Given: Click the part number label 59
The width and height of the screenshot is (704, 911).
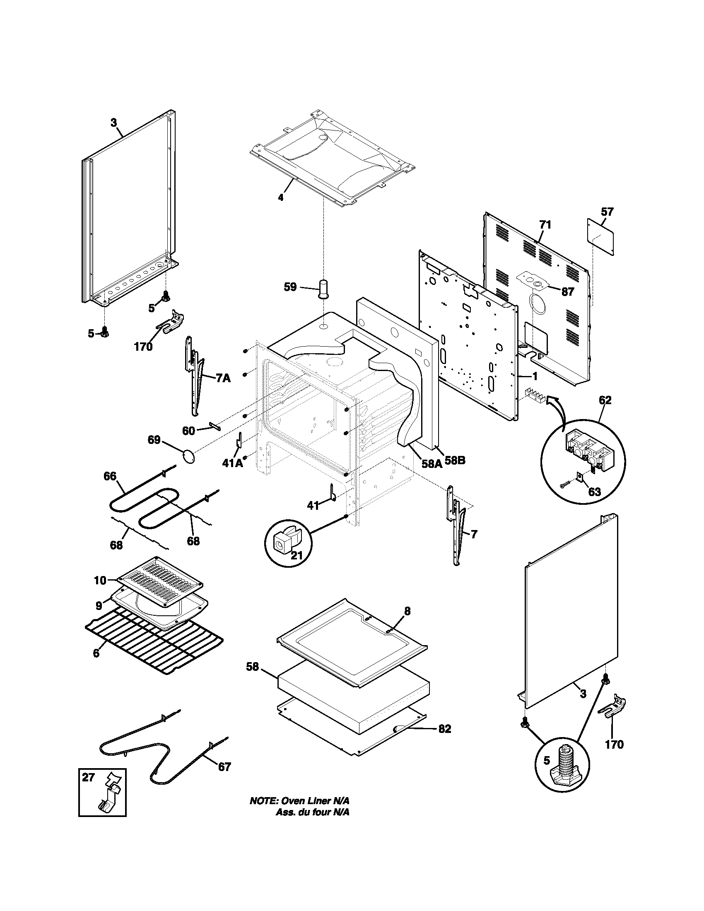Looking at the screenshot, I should tap(290, 287).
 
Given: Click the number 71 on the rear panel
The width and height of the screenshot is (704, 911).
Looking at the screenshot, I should tap(545, 225).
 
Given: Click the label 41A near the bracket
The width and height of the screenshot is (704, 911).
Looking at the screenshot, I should tap(232, 463).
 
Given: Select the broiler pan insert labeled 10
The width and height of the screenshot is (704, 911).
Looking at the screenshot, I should tap(161, 581).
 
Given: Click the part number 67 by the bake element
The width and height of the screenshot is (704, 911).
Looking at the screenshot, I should tap(224, 766).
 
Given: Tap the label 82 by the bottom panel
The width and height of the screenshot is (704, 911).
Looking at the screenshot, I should tap(445, 729).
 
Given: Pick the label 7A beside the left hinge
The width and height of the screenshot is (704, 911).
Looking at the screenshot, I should tap(223, 378).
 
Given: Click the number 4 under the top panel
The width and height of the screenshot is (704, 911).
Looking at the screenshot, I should tap(281, 197).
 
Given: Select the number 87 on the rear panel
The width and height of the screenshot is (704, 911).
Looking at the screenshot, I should tap(567, 292).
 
